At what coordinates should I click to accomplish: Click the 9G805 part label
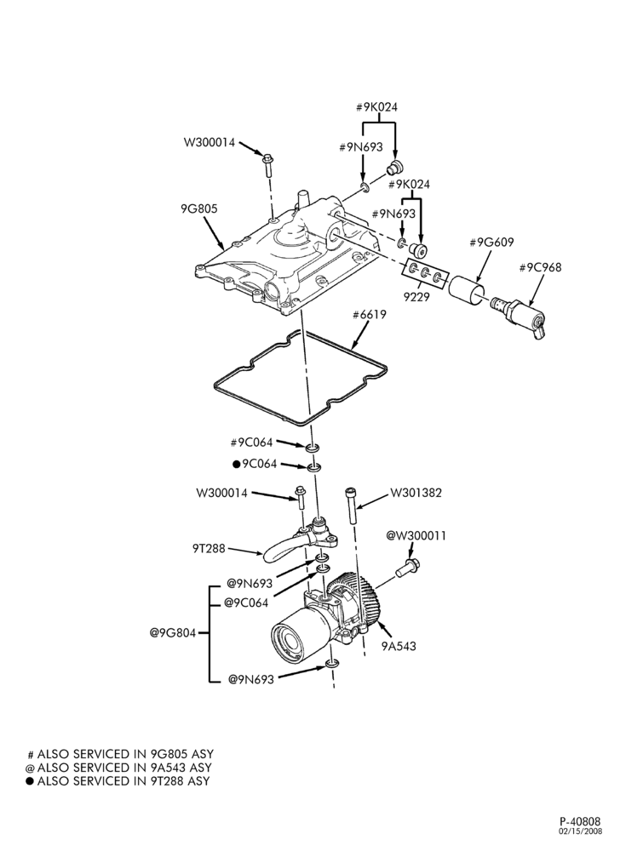(x=199, y=209)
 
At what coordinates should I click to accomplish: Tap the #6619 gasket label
(x=369, y=315)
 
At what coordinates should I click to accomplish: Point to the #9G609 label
(x=491, y=242)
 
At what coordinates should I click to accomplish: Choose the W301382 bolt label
(x=416, y=493)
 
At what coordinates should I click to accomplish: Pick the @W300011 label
(x=416, y=535)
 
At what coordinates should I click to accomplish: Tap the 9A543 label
(x=399, y=646)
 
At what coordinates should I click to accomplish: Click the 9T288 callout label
(x=209, y=549)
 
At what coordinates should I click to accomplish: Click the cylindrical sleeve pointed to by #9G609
(x=466, y=292)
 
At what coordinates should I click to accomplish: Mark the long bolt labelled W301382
(x=350, y=504)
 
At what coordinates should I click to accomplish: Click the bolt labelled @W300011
(x=408, y=567)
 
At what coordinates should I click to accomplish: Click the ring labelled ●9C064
(x=313, y=467)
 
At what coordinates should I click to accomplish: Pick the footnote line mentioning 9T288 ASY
(x=118, y=781)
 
